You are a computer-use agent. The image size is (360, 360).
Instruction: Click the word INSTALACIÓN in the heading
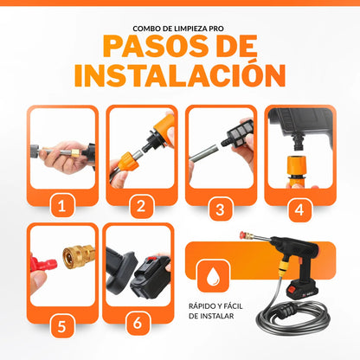point(179,74)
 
